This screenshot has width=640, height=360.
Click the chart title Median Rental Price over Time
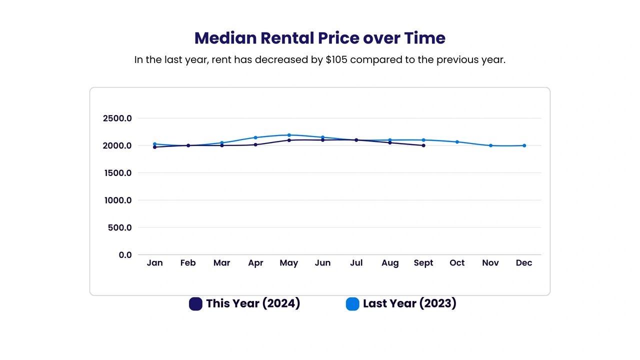tap(319, 38)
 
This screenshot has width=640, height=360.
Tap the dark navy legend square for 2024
tap(195, 304)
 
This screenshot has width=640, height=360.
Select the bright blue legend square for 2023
tap(352, 304)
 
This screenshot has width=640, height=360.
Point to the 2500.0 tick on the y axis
tap(117, 118)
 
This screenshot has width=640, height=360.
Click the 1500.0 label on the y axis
tap(117, 173)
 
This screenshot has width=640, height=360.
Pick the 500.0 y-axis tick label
tap(120, 227)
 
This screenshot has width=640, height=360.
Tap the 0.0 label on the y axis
tap(125, 255)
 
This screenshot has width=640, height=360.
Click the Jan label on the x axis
tap(154, 263)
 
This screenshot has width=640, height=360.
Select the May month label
tap(289, 263)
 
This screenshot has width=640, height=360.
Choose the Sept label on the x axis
tap(423, 263)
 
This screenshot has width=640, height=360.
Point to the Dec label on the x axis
tap(524, 263)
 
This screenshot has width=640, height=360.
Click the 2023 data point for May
tap(289, 135)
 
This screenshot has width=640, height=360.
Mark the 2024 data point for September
tap(423, 145)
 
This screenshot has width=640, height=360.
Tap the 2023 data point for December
tap(524, 145)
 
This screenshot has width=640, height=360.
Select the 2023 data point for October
tap(457, 142)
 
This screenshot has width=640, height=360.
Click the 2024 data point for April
tap(255, 144)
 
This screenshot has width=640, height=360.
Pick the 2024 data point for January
tap(154, 147)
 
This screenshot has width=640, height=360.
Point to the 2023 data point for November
tap(490, 145)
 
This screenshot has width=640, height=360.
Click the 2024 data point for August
tap(390, 142)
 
